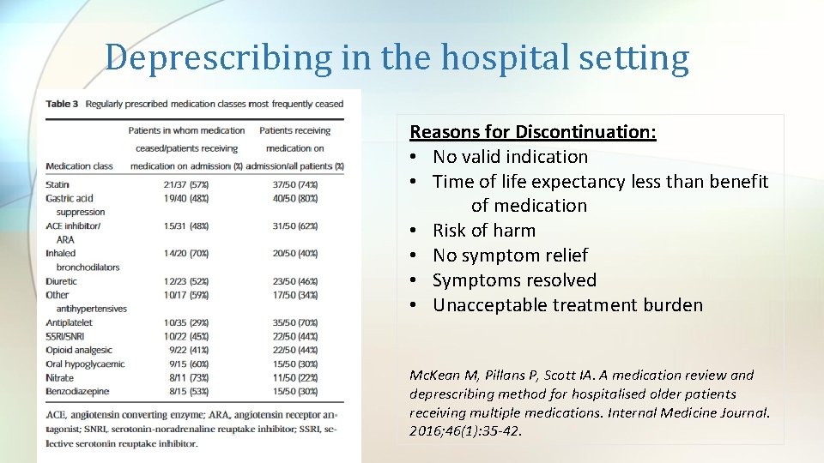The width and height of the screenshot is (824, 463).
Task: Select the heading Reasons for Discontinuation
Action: [532, 132]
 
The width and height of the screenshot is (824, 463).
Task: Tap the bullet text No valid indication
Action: [510, 157]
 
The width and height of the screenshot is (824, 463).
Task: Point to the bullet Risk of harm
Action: [483, 231]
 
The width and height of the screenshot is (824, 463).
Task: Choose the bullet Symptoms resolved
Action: [513, 280]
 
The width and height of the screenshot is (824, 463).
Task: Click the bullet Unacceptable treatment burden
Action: [566, 305]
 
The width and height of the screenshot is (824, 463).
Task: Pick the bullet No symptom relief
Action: [510, 256]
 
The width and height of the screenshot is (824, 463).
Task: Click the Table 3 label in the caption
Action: [62, 104]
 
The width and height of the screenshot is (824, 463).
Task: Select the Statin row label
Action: [58, 184]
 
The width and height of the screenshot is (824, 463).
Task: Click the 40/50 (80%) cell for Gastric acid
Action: [294, 198]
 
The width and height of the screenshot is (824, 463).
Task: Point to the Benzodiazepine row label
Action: [78, 391]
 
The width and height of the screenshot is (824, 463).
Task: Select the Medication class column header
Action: [79, 165]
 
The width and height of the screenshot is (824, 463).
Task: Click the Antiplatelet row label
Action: [70, 322]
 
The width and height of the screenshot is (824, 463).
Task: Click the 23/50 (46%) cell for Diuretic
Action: [294, 281]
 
